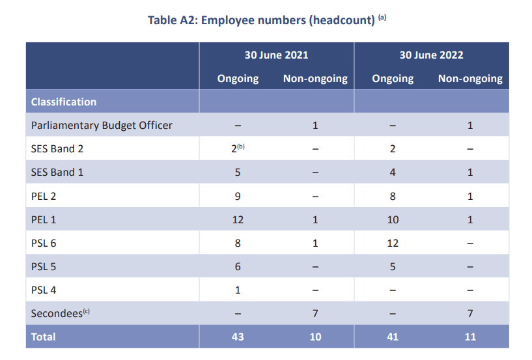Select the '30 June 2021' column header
[x=276, y=55]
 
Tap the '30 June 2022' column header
[x=431, y=55]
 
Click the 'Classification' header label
[x=64, y=102]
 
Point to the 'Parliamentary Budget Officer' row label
[x=102, y=125]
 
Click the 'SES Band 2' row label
[x=57, y=148]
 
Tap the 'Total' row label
[x=44, y=337]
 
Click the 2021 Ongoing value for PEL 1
[x=238, y=219]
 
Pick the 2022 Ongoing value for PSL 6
[x=393, y=243]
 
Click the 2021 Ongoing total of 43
[x=238, y=337]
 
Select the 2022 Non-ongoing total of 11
[x=470, y=337]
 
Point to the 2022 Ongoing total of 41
[x=393, y=337]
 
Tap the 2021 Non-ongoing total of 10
[x=315, y=337]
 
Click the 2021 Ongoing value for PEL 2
[x=238, y=196]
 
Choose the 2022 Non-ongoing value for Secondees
[x=470, y=313]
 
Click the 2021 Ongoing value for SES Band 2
[x=236, y=148]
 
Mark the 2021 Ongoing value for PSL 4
[x=238, y=290]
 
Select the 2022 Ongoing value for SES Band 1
[x=393, y=173]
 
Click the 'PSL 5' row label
[x=44, y=266]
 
